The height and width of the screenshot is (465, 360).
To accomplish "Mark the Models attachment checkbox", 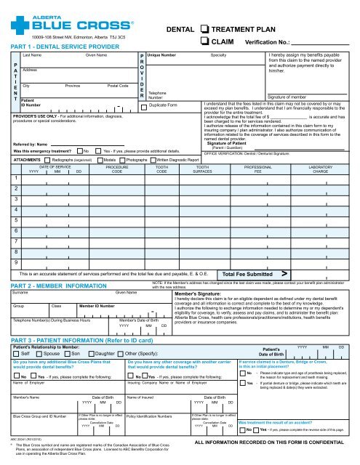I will tap(100, 159).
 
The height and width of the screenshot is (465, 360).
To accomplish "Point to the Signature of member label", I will tap(292, 96).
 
